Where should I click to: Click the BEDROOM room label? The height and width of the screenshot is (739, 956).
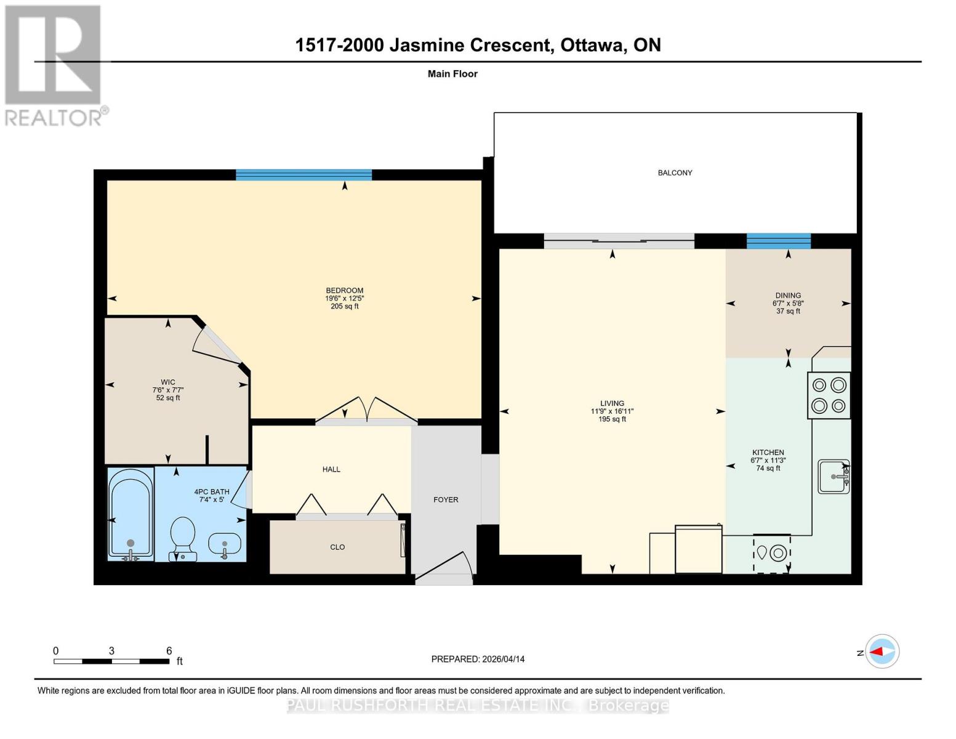coord(344,291)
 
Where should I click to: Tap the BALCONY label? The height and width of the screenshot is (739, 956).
coord(675,173)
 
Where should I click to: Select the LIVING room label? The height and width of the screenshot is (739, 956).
coord(612,404)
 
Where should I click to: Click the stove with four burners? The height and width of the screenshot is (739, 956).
coord(829,395)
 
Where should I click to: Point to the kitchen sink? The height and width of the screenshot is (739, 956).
coord(833,476)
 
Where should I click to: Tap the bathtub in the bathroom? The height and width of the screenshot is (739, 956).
coord(130,514)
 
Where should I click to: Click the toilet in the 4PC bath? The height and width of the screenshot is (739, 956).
coord(182,537)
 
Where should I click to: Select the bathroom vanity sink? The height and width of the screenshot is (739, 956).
coord(225,544)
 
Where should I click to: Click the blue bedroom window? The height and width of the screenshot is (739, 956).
coord(303,175)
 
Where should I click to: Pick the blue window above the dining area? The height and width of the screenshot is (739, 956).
coord(778,241)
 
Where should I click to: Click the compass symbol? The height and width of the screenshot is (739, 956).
coord(882,652)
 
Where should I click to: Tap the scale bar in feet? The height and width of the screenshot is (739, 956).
coord(111,661)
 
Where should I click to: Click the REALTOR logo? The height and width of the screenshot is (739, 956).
coord(54,65)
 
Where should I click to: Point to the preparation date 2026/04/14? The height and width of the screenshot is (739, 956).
coord(478,659)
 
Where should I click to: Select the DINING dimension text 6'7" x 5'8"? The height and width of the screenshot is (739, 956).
coord(788,304)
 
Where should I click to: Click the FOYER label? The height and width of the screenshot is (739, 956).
coord(446,500)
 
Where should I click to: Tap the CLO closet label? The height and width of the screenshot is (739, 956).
coord(337,547)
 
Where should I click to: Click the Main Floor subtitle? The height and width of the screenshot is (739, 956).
coord(452,74)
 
